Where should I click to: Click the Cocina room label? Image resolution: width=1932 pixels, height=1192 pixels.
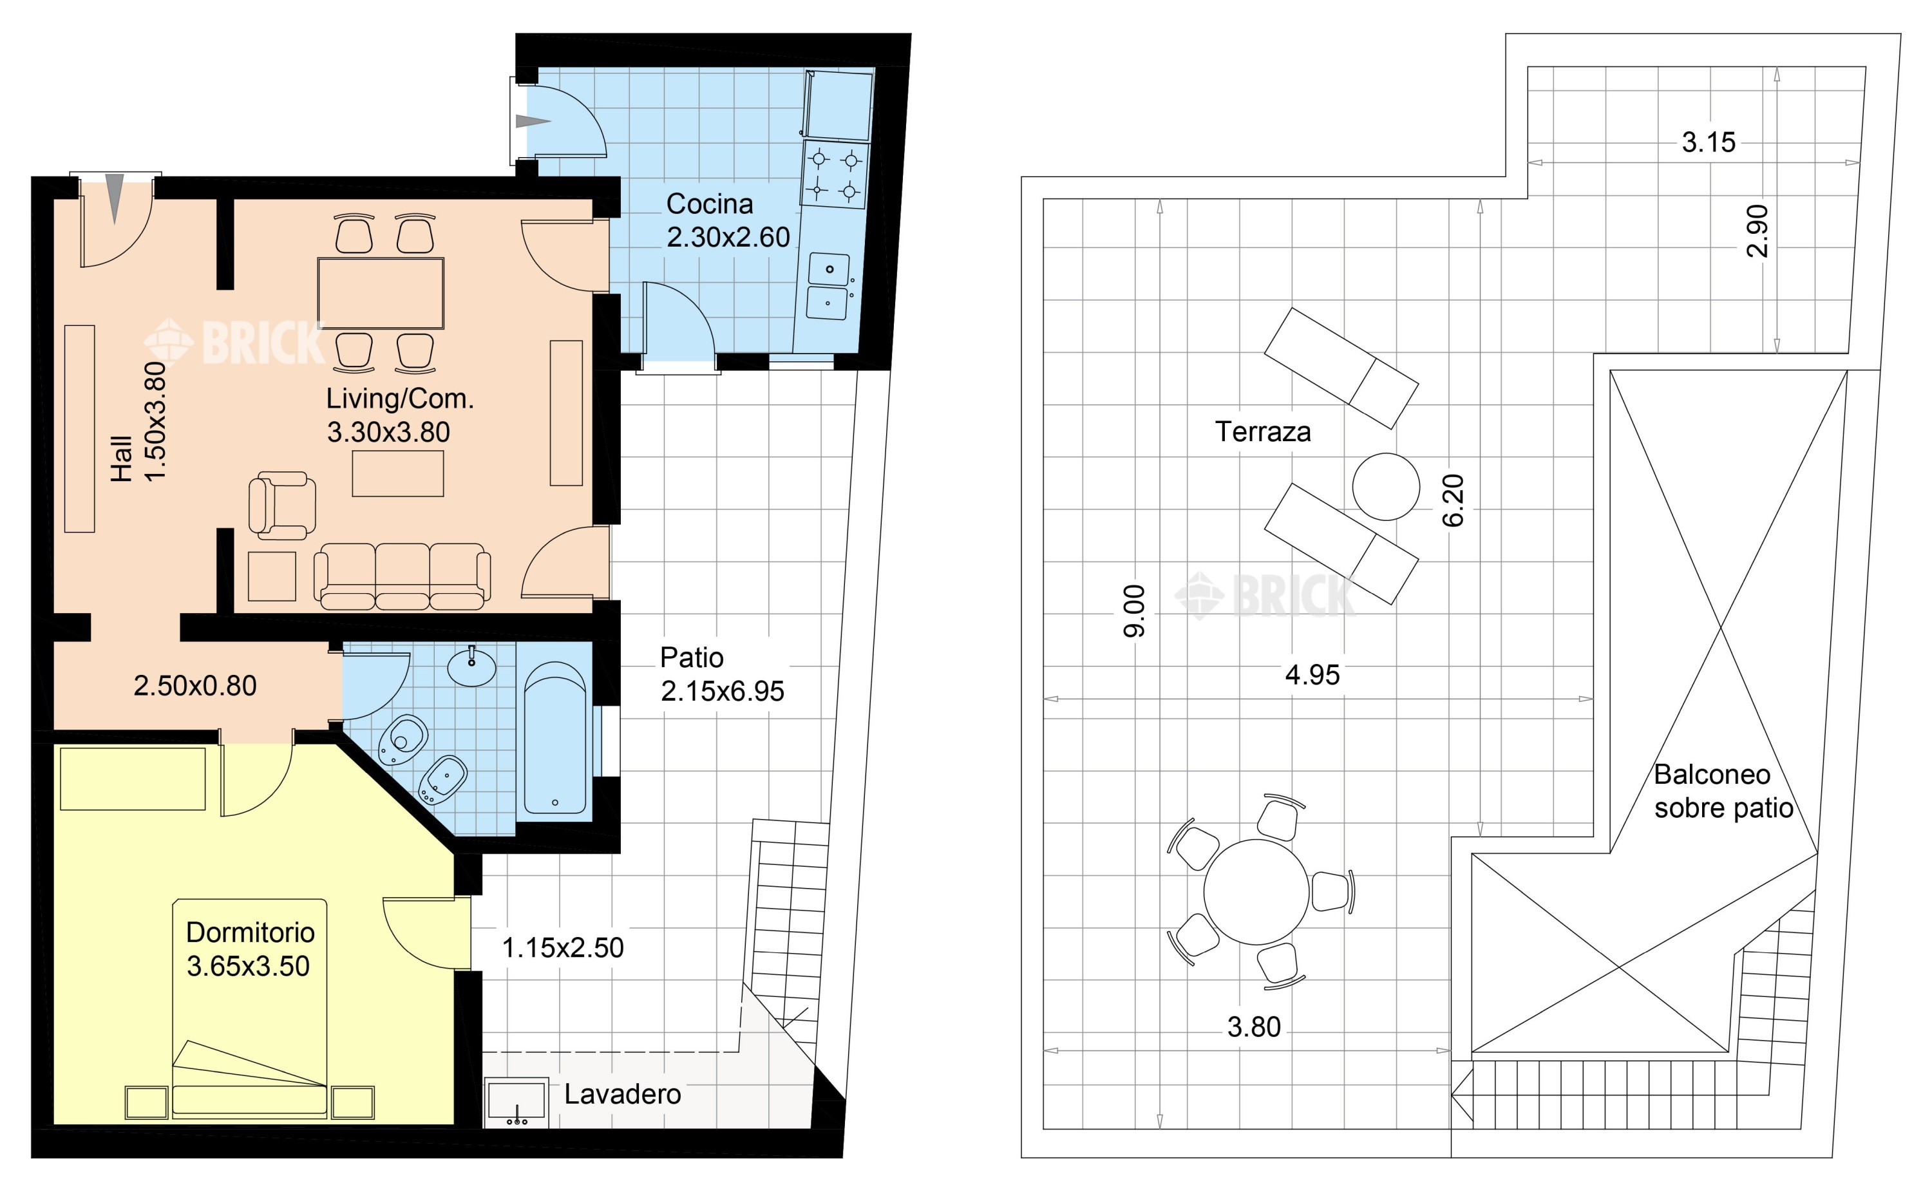click(710, 204)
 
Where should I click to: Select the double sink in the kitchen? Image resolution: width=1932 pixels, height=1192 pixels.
click(828, 286)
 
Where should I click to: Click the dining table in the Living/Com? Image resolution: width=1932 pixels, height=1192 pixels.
click(381, 292)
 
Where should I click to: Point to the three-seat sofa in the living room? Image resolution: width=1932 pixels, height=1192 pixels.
click(402, 576)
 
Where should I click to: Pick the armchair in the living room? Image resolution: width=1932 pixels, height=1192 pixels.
click(282, 506)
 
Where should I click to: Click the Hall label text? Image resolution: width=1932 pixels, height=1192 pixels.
click(120, 458)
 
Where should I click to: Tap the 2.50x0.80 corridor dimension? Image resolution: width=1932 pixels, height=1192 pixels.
click(194, 686)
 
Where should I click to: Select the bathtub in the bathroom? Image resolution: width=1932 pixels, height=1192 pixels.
click(555, 738)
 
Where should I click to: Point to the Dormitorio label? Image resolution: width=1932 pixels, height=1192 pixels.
click(250, 932)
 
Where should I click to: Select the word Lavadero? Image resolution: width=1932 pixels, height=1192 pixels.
click(623, 1094)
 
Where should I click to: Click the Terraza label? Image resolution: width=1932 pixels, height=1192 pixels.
click(1263, 432)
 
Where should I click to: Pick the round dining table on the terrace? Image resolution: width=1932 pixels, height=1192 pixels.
click(1256, 892)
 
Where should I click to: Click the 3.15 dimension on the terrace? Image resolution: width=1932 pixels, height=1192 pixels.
click(1708, 143)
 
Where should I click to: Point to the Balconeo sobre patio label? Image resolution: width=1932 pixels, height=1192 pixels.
click(1723, 791)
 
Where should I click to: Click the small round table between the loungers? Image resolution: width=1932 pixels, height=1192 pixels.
click(1386, 486)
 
